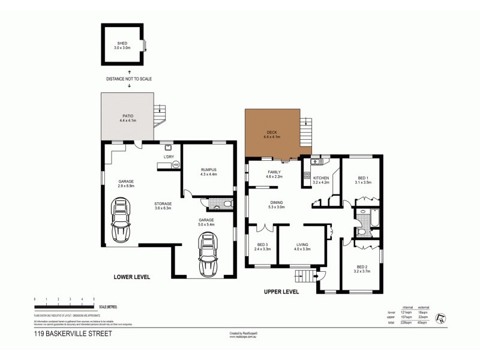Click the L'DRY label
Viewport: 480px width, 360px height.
click(x=169, y=157)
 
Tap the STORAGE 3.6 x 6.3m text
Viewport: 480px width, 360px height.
click(x=163, y=206)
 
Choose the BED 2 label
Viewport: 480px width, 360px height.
click(x=364, y=269)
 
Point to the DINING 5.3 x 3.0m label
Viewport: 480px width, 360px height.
click(x=277, y=205)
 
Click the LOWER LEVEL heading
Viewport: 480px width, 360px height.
click(x=132, y=277)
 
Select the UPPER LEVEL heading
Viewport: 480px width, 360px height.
click(x=282, y=292)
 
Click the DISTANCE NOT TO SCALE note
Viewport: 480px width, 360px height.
click(x=129, y=79)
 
